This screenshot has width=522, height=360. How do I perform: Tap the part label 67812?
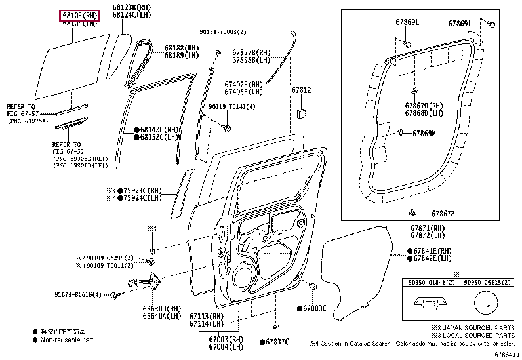point(301,90)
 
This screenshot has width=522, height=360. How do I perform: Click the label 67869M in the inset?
point(425,134)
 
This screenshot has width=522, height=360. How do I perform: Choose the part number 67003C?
point(314,308)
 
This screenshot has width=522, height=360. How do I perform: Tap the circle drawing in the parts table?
point(485,306)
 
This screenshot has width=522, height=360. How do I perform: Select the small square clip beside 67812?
point(302,113)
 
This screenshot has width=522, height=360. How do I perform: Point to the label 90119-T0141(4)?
point(232,106)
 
